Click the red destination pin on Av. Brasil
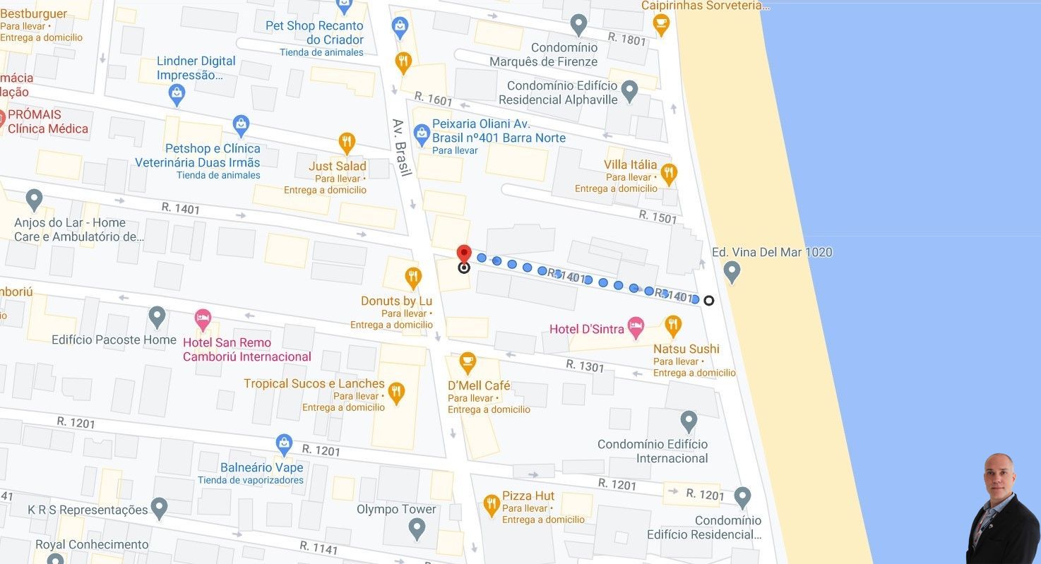pos(463,254)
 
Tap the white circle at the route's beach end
pos(708,301)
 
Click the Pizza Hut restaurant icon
pos(492,505)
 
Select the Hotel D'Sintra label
pos(587,329)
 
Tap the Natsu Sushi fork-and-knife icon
pos(673,325)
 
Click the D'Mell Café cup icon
pos(467,364)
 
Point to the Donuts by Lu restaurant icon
pos(413,277)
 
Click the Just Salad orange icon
pos(346,143)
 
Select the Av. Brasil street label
pos(402,148)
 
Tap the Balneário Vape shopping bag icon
pos(284,445)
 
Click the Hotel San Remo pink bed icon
pos(203,319)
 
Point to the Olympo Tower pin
pos(417,528)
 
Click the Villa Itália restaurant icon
pos(669,174)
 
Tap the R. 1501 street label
pos(658,217)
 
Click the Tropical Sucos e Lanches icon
pos(396,392)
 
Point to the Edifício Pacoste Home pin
pos(157,317)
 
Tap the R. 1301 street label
pos(585,366)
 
